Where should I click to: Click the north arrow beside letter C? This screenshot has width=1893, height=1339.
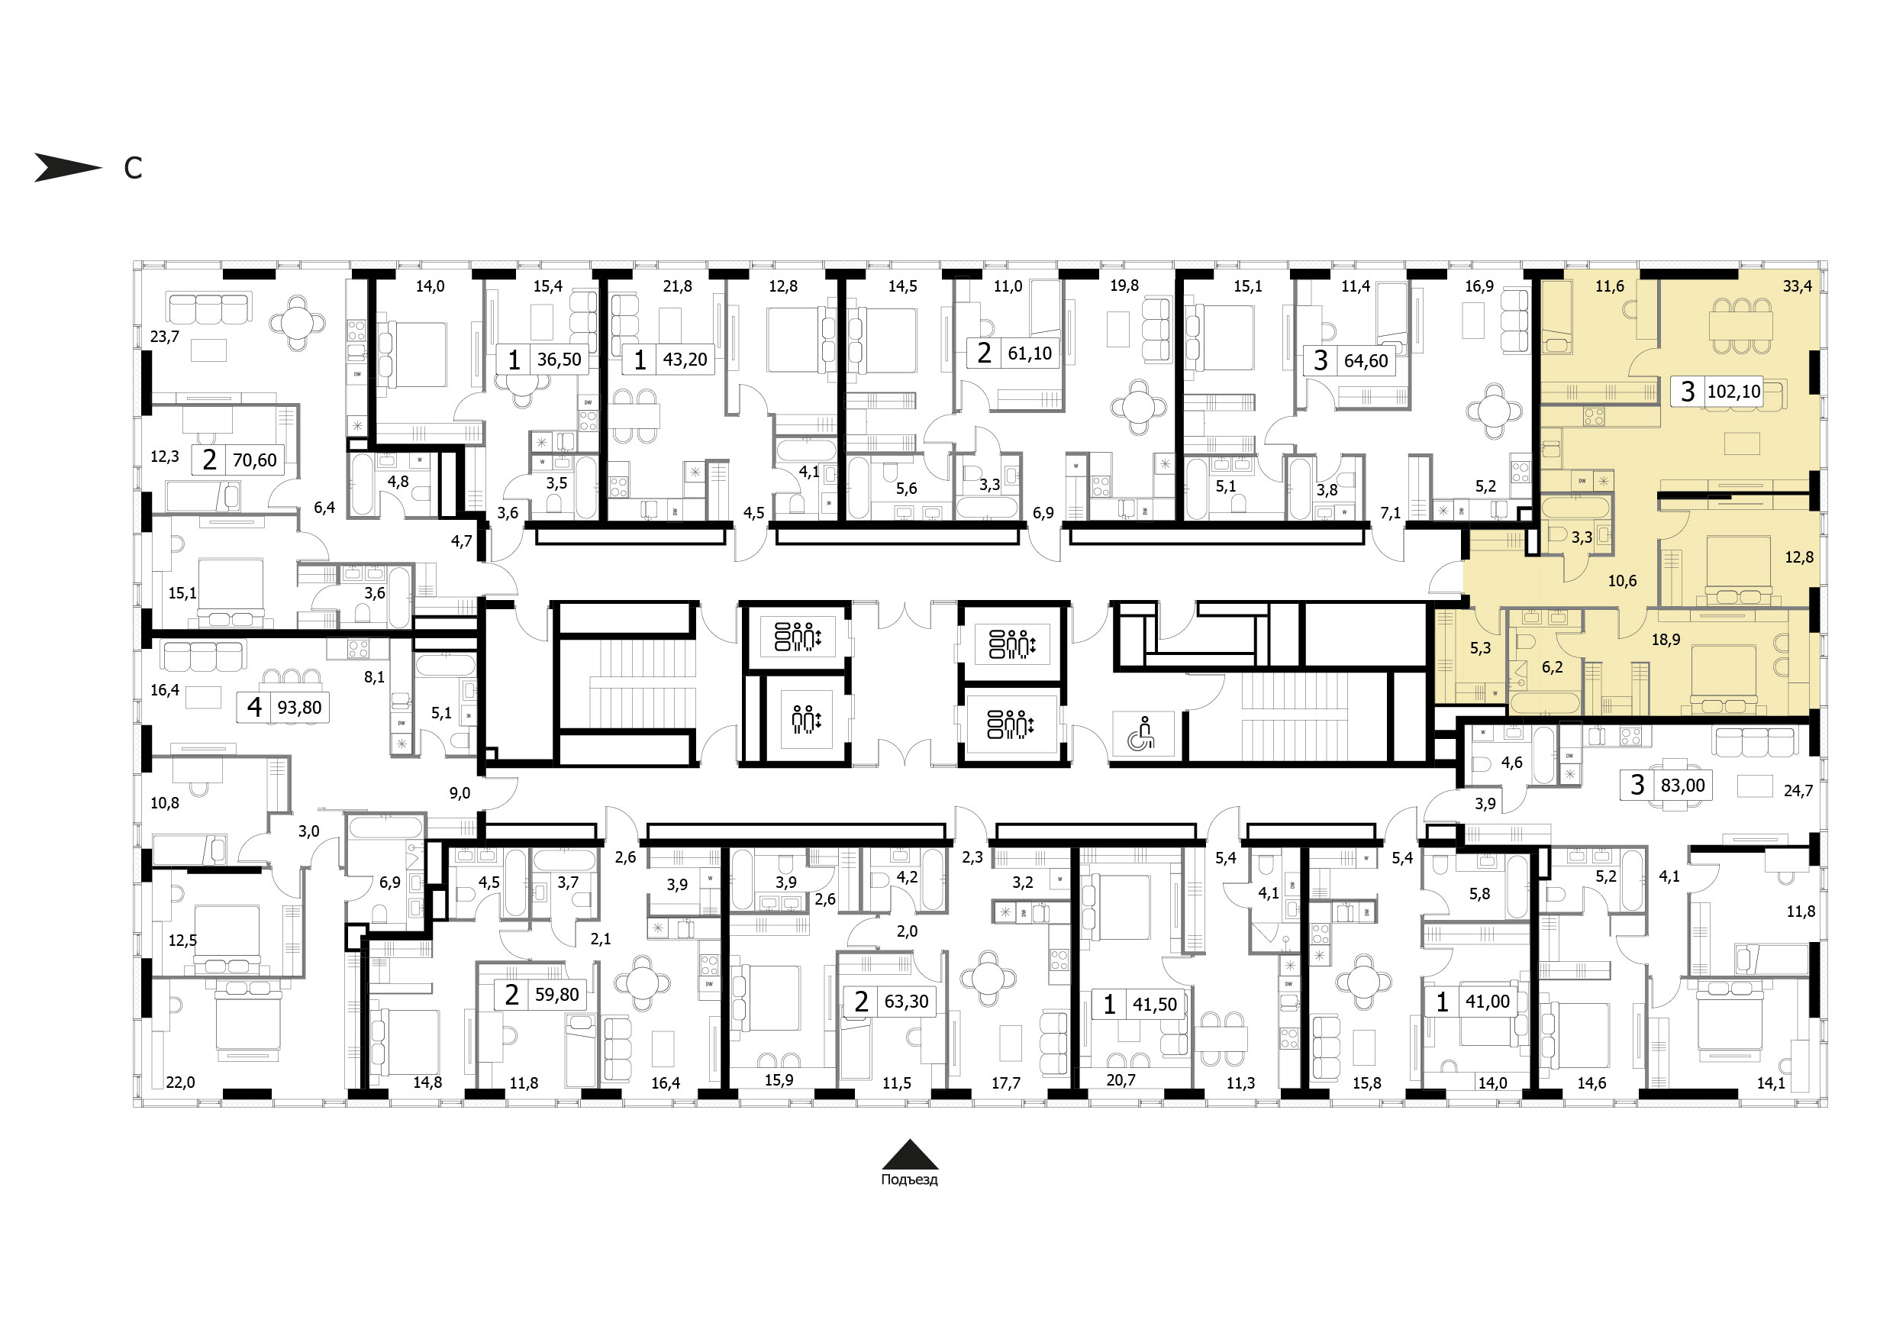(68, 167)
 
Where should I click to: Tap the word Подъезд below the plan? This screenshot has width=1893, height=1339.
(908, 1180)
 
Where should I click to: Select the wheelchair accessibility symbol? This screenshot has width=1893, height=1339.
(1144, 733)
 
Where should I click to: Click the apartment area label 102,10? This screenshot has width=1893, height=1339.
(1734, 391)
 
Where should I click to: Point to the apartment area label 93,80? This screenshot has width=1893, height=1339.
(299, 708)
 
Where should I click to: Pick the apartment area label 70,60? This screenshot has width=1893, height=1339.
(255, 460)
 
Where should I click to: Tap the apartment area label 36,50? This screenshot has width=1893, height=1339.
(559, 360)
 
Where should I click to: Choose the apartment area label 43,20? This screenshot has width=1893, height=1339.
(685, 360)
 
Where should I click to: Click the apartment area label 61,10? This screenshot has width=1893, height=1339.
(1030, 353)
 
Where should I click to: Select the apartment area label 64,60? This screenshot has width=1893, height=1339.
(1366, 360)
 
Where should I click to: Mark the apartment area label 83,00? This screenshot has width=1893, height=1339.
(1683, 785)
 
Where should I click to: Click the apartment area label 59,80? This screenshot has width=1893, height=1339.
(557, 995)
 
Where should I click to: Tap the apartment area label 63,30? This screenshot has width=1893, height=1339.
(906, 1001)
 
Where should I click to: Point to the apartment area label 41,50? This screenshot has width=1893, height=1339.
(1154, 1005)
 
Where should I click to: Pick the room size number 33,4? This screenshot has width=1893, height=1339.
(1798, 286)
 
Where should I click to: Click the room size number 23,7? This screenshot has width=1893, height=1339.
(165, 337)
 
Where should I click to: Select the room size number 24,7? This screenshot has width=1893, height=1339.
(1798, 791)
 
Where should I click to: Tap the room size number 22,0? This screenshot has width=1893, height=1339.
(181, 1082)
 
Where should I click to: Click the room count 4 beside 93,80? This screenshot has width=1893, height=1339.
(255, 708)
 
